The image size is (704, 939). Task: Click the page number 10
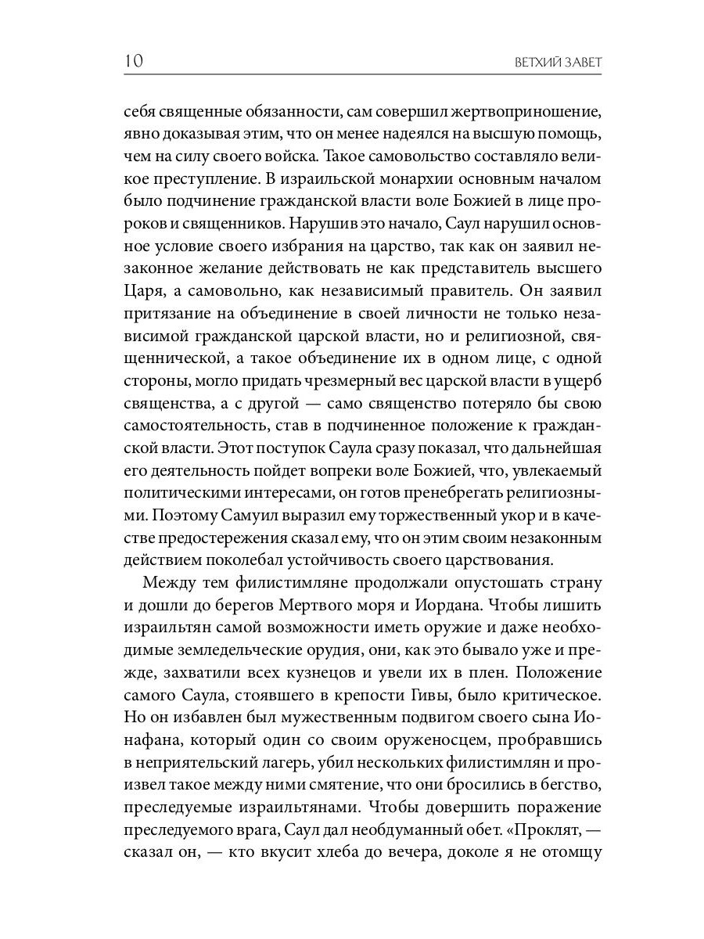(x=133, y=62)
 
